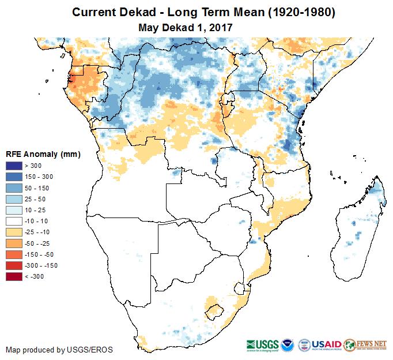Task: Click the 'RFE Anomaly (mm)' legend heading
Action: [x=43, y=155]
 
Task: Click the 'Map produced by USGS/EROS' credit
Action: [x=59, y=350]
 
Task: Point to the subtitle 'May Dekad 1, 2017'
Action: [x=185, y=27]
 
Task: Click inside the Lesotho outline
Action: [x=214, y=309]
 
